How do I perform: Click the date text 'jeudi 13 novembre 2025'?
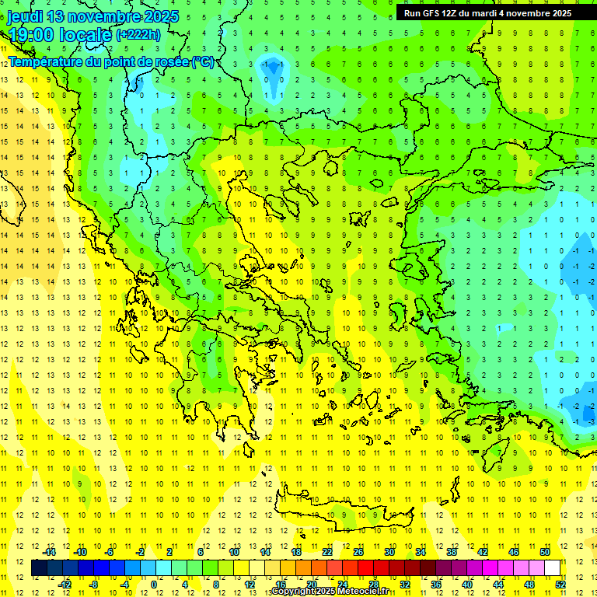pyautogui.click(x=93, y=16)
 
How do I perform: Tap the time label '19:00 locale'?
pyautogui.click(x=61, y=34)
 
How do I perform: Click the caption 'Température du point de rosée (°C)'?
pyautogui.click(x=110, y=61)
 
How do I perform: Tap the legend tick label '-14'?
pyautogui.click(x=50, y=552)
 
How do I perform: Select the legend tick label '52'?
pyautogui.click(x=560, y=584)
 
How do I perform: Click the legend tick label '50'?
pyautogui.click(x=545, y=552)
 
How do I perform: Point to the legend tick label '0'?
pyautogui.click(x=153, y=584)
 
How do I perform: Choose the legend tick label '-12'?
pyautogui.click(x=65, y=584)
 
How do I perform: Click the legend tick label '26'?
pyautogui.click(x=358, y=552)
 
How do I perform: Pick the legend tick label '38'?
pyautogui.click(x=452, y=552)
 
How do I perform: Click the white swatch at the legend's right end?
pyautogui.click(x=553, y=567)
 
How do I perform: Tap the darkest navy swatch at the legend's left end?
pyautogui.click(x=39, y=567)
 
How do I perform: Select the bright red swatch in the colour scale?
pyautogui.click(x=366, y=567)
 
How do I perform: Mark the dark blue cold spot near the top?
pyautogui.click(x=272, y=71)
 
